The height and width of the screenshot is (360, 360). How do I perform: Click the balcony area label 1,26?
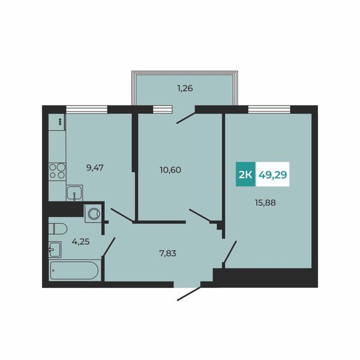pos(185,88)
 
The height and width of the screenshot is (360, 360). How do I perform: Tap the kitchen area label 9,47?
pos(95,168)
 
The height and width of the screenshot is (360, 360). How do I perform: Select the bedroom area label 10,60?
pos(170,170)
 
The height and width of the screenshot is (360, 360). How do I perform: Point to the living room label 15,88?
pos(265,203)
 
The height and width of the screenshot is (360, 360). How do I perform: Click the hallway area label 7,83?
pos(167,253)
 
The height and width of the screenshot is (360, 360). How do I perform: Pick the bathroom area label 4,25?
pos(80,242)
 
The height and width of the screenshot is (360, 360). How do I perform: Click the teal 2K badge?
pos(245,174)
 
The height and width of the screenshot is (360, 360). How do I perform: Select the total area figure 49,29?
pos(273,175)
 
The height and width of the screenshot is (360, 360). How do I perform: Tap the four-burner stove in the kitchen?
pos(58,171)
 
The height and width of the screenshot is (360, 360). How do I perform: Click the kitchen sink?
pos(74,193)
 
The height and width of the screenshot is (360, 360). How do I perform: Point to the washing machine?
pos(93,214)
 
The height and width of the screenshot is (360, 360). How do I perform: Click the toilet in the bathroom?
pos(58,229)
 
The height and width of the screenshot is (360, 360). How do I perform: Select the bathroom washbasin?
pos(55,250)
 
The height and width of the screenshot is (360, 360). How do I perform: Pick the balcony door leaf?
pos(186,118)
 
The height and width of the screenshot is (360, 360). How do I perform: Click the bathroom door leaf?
pos(109,247)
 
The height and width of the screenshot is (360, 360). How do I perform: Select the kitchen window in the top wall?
pos(87,109)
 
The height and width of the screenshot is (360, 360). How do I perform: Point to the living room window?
pos(269,109)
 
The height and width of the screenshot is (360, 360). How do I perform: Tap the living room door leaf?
pos(230,252)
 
